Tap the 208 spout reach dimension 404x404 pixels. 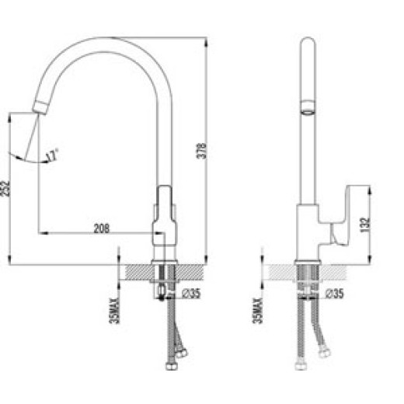tap(100, 228)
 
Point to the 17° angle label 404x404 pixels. tap(51, 156)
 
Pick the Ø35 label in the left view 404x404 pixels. tap(193, 293)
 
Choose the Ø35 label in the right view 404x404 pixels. tap(334, 293)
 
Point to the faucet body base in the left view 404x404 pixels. tap(165, 249)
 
